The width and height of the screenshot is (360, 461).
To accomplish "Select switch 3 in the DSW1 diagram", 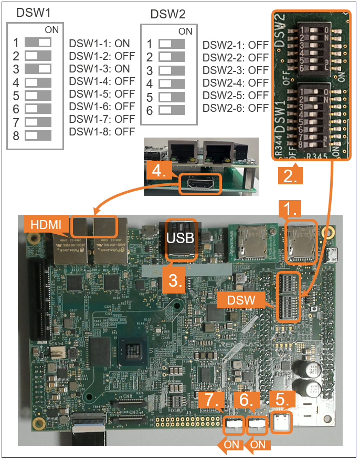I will coord(38,69).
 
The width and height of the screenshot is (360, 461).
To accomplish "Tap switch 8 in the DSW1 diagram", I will coord(38,134).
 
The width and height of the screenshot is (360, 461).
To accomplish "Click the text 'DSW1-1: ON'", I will coord(99,44).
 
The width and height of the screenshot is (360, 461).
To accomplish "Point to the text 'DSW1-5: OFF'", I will coord(102,95).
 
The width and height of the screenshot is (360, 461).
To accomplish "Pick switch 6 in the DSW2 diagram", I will coord(172,111).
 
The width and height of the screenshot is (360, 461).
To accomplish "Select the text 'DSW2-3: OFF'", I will coord(236,70).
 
